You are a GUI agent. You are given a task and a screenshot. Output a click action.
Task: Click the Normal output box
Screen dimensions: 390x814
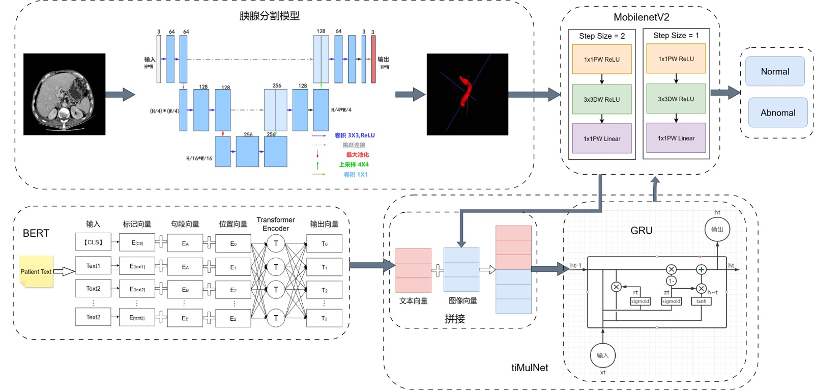coord(775,71)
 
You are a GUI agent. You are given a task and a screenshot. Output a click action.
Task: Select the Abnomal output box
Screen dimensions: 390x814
coord(778,113)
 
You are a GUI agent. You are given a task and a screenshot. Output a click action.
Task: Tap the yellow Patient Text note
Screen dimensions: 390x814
coord(36,271)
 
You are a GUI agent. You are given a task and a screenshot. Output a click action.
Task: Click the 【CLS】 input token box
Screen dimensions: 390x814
coord(93,242)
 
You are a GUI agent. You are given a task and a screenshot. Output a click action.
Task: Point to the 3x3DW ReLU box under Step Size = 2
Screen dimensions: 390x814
coord(602,99)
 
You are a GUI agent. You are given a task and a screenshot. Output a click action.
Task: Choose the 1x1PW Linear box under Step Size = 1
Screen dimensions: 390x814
coord(676,138)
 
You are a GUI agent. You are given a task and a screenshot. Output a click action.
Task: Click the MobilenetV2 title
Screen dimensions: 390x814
coord(641,17)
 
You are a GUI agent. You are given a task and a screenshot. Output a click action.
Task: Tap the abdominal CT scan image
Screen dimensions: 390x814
coord(64,94)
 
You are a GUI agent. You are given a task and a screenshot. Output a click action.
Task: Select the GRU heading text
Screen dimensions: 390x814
coord(641,231)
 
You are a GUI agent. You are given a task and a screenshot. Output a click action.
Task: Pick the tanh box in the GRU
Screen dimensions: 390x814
coord(701,301)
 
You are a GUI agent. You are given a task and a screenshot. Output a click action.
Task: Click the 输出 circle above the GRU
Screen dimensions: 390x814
coord(717,229)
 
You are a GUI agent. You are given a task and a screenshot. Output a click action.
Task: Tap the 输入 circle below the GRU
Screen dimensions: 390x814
coord(602,355)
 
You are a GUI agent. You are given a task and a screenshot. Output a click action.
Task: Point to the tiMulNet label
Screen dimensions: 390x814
coord(530,368)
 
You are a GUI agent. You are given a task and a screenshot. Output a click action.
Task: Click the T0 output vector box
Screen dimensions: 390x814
coord(324,243)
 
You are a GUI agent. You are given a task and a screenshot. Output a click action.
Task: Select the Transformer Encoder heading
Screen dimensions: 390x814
coord(275,224)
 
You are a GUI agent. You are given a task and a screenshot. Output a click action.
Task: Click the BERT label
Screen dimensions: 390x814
coord(36,233)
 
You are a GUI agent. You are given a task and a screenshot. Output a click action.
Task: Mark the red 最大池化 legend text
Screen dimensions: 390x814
coord(357,155)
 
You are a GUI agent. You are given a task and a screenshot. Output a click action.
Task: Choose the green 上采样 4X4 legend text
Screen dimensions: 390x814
coord(354,164)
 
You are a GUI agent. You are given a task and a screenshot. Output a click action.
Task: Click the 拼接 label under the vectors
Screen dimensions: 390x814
coord(455,319)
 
